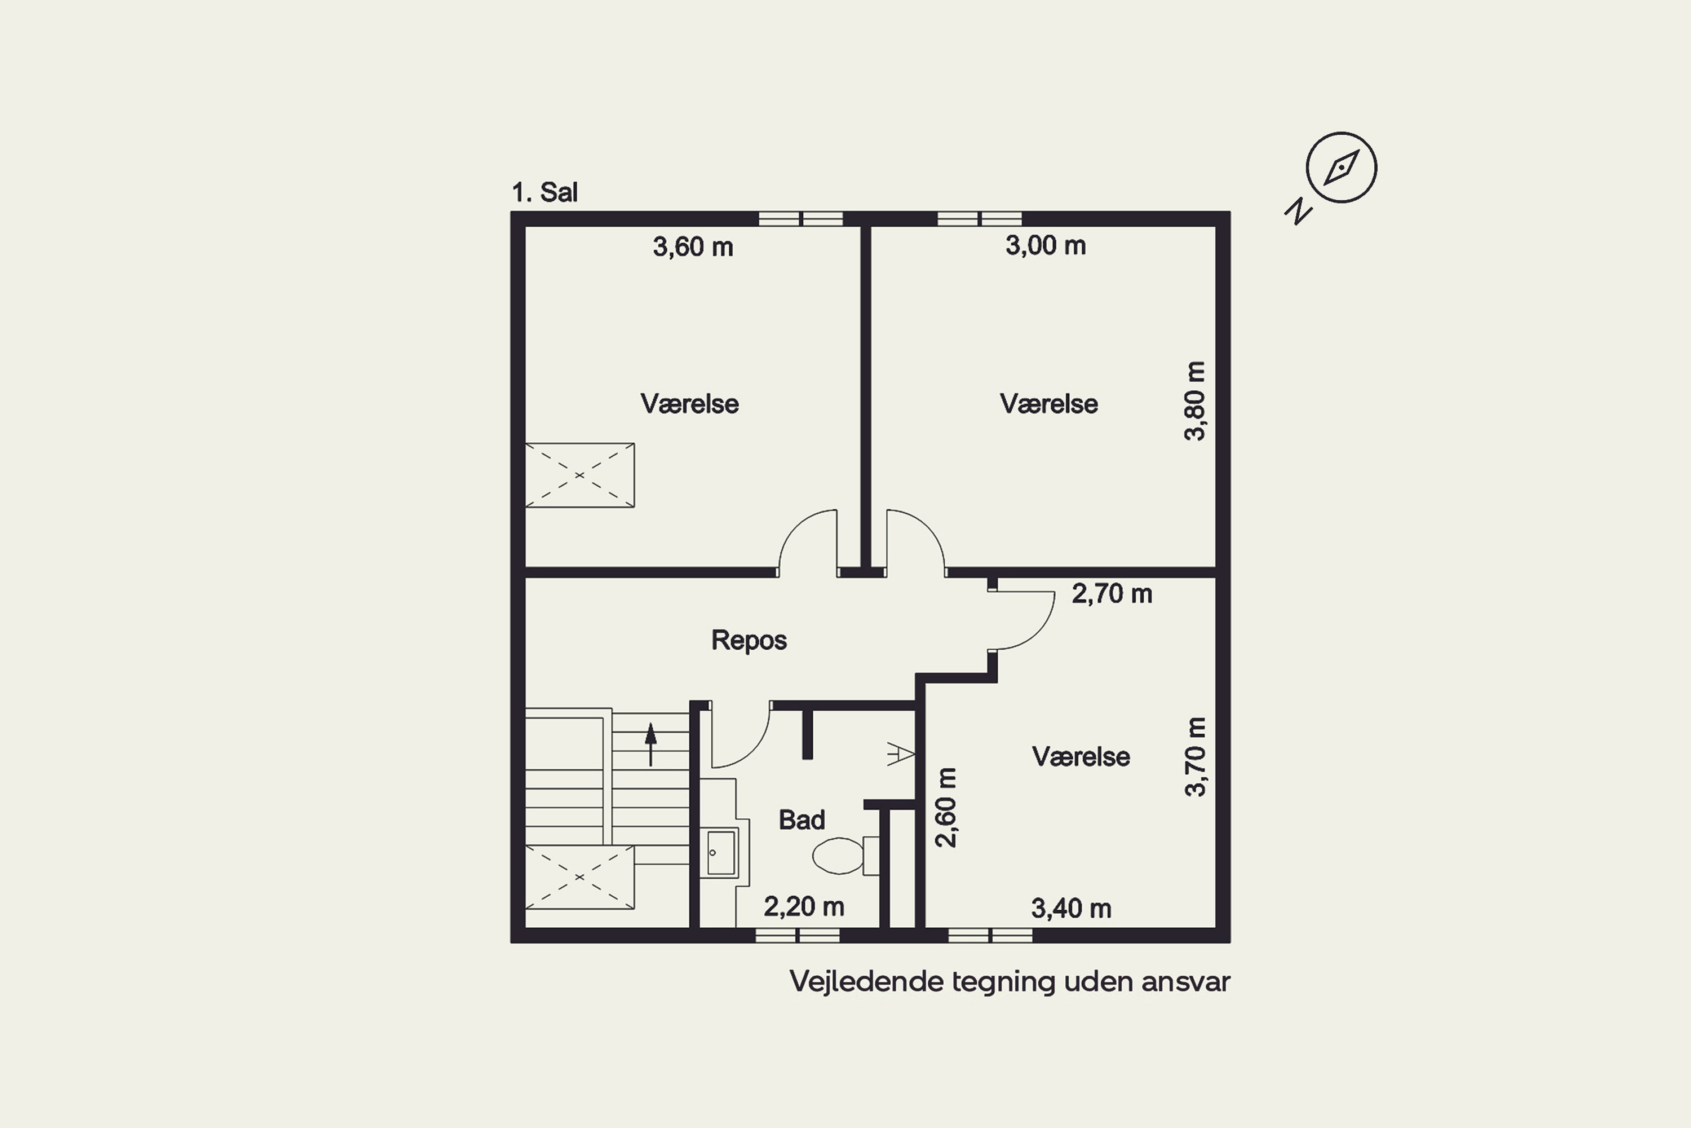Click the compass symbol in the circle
[1341, 168]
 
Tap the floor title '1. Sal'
[545, 193]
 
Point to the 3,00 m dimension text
[1046, 245]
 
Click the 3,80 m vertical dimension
[1194, 400]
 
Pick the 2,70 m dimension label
[1112, 593]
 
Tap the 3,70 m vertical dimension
[1194, 757]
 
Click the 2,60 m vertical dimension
[946, 808]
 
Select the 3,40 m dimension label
[1072, 909]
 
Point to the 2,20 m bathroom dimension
[804, 906]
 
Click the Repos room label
[749, 640]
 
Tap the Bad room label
[802, 819]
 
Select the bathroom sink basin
[721, 852]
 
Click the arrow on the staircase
[650, 744]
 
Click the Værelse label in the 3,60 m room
[689, 404]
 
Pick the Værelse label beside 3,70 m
[1081, 756]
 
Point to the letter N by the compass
[1299, 211]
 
